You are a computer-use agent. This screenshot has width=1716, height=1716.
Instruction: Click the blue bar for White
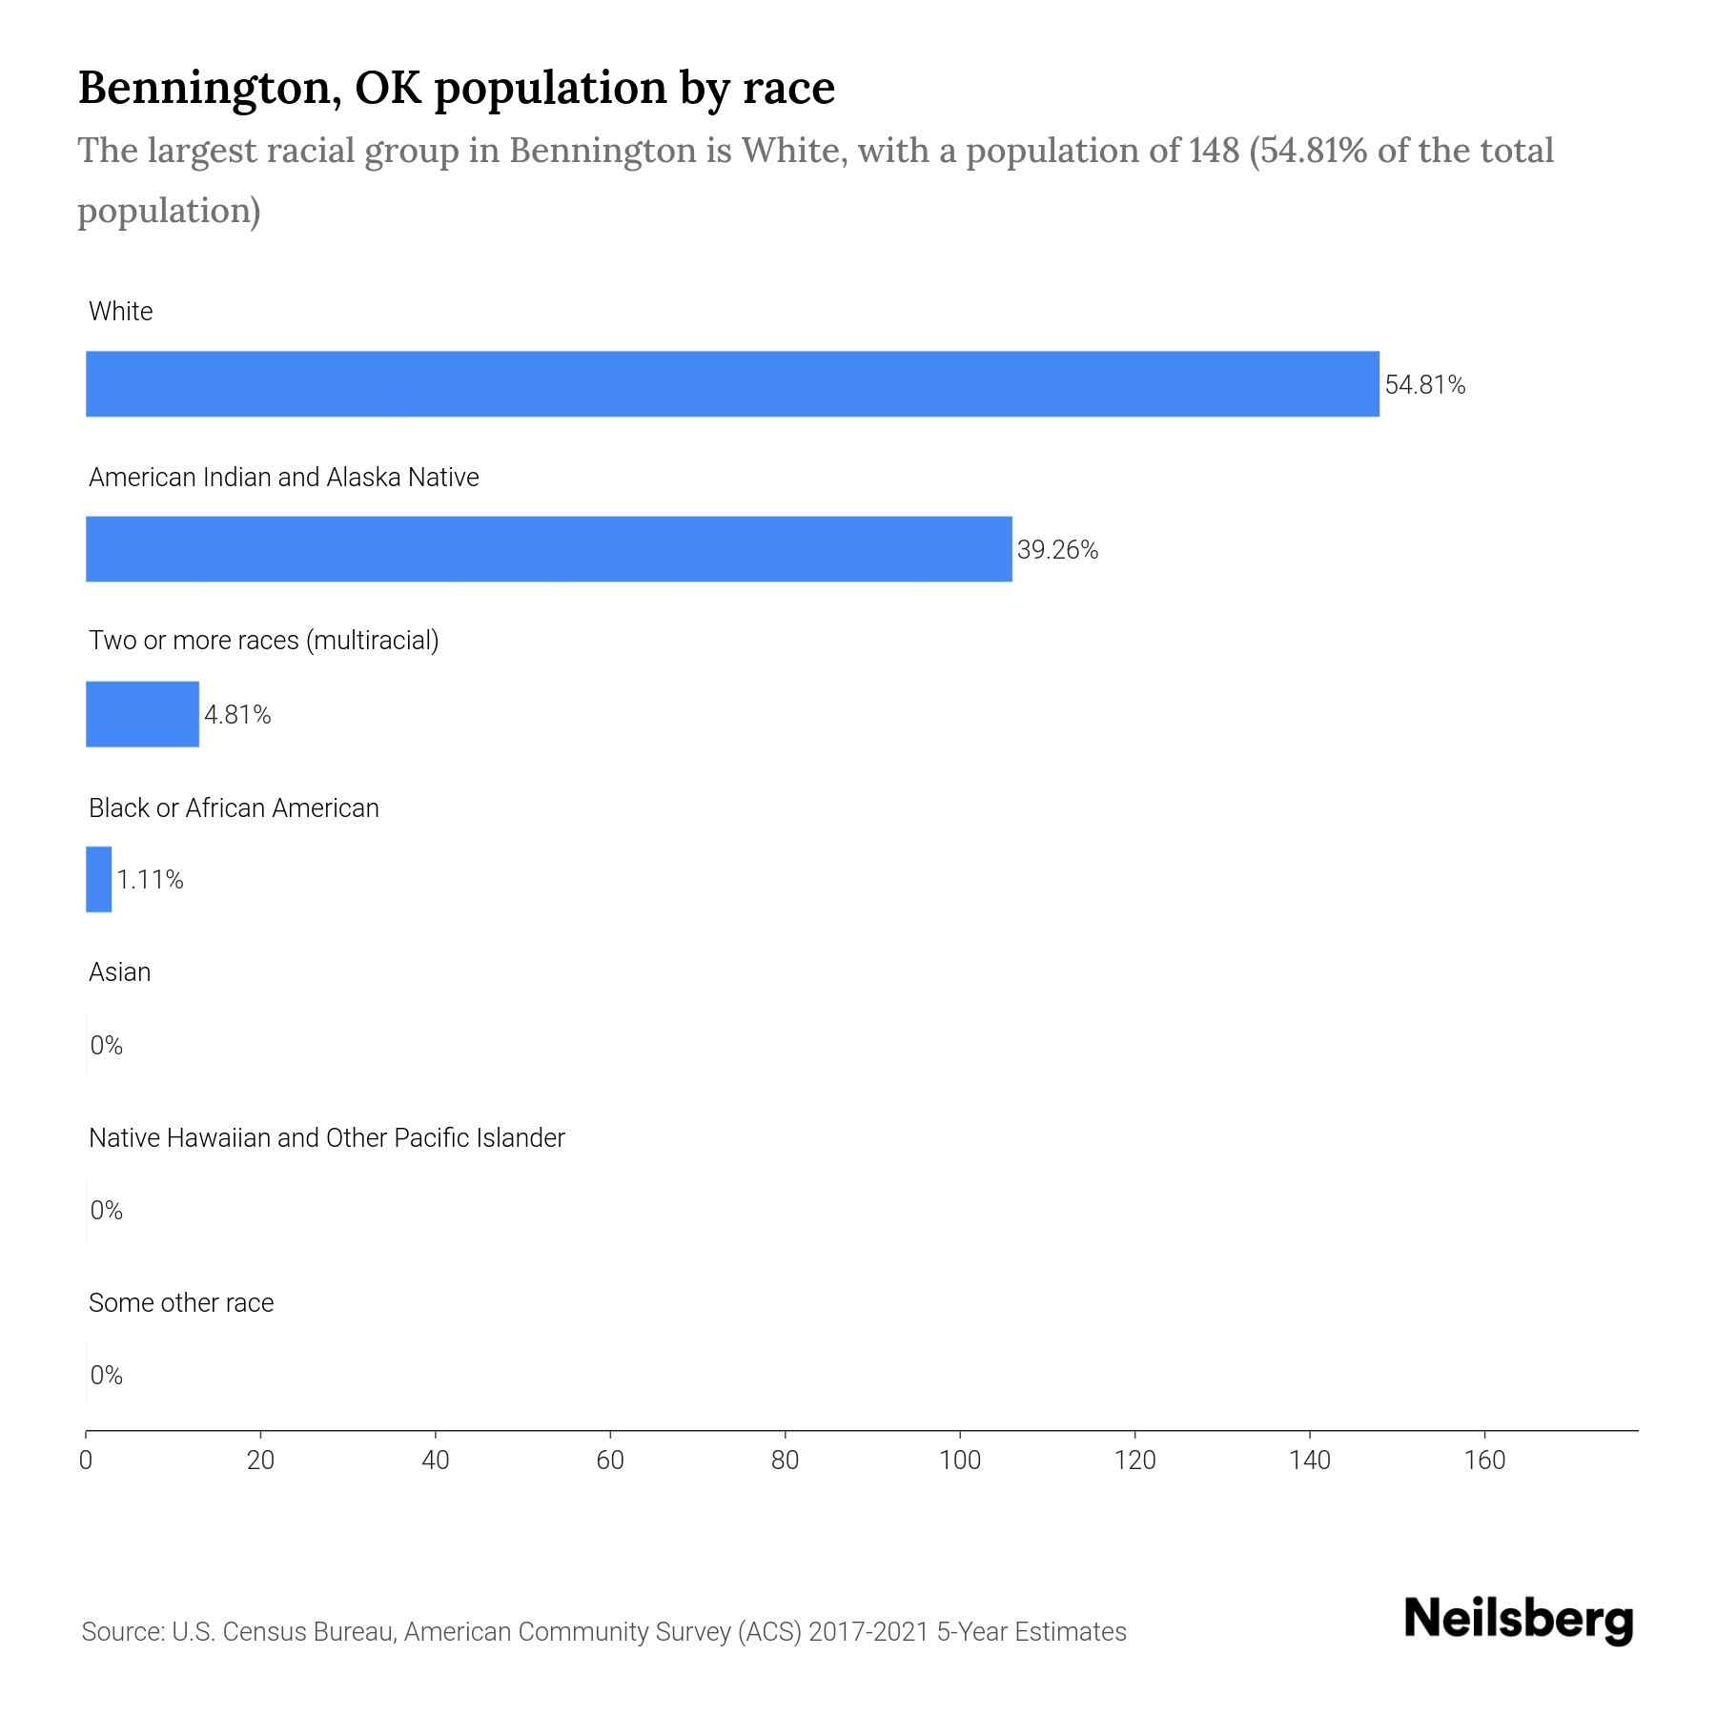732,383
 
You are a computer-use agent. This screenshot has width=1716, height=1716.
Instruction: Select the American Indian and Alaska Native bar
548,549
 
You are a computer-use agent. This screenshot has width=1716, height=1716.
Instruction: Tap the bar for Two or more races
142,714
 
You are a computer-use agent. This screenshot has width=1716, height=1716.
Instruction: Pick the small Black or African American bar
98,879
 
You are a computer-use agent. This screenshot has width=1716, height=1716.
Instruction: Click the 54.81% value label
1424,385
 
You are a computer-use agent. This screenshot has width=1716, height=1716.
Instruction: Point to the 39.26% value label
1057,550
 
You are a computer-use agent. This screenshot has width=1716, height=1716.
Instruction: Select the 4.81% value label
237,715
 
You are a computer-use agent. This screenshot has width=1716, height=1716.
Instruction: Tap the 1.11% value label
150,880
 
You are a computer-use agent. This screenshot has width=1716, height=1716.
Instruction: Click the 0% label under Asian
106,1046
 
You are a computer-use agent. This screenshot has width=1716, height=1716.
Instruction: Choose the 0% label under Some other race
106,1375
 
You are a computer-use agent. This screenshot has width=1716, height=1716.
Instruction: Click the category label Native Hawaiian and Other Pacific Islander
326,1137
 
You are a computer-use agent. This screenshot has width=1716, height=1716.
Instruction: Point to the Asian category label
119,972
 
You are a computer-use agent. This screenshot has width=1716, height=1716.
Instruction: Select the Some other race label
181,1302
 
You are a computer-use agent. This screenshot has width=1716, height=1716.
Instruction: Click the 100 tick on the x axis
960,1461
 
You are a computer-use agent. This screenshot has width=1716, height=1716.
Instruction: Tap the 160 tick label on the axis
1484,1461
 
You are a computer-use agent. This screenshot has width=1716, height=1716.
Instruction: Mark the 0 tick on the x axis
86,1461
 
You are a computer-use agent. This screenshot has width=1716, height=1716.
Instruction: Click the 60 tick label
610,1461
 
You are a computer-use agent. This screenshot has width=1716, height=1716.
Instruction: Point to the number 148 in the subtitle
1213,151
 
